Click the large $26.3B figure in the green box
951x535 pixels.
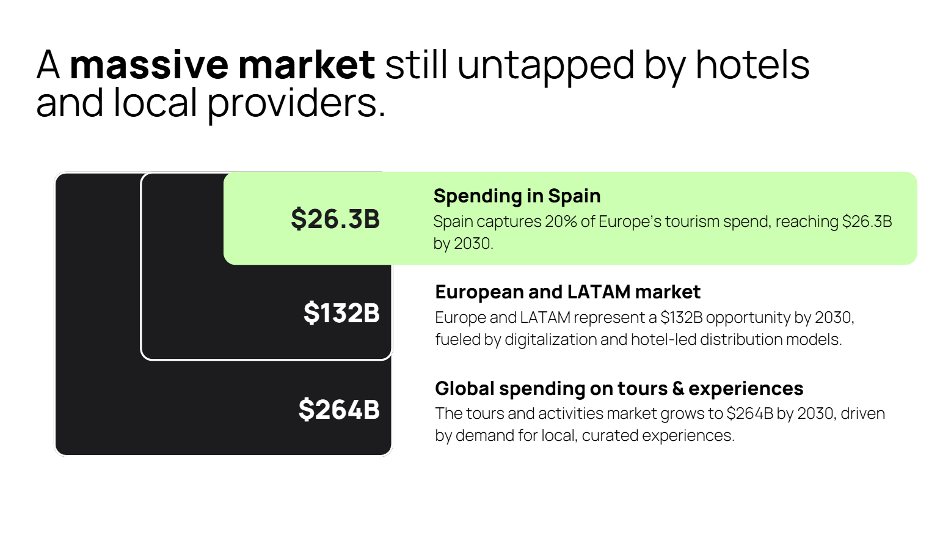click(335, 219)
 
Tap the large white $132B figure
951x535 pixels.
click(341, 313)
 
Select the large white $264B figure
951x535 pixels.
click(339, 410)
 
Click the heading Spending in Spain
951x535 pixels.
click(517, 196)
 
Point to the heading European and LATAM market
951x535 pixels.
click(567, 292)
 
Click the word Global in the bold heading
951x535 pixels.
click(464, 389)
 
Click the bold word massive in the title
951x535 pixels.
click(148, 65)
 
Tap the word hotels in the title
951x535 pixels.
click(752, 65)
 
